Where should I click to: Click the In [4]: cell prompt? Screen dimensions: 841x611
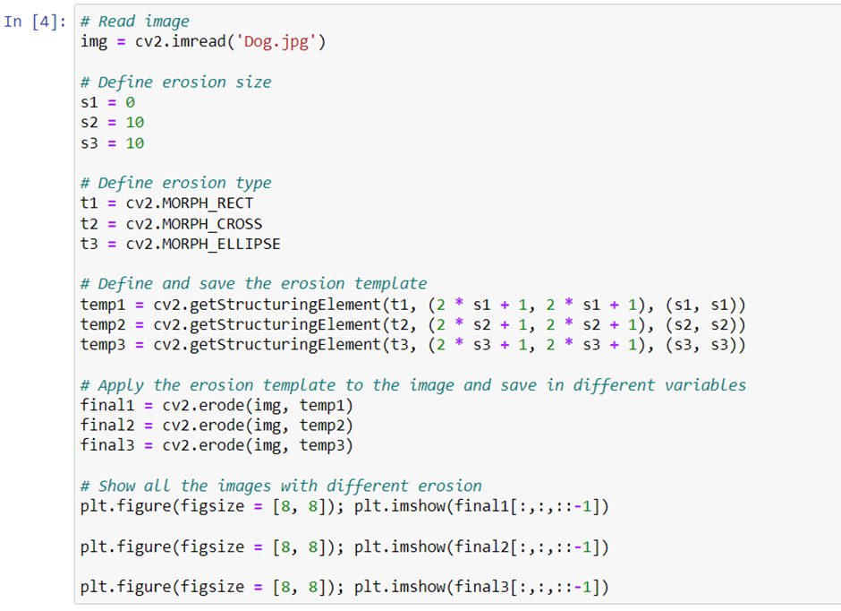[x=35, y=22]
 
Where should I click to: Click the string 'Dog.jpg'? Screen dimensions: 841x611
[x=276, y=41]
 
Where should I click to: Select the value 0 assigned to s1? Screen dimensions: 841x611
[x=130, y=102]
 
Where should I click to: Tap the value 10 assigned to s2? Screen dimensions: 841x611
[x=134, y=123]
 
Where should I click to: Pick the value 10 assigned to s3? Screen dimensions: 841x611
[x=134, y=142]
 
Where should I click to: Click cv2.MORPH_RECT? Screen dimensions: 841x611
[x=190, y=203]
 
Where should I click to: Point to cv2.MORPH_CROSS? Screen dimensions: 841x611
[x=194, y=223]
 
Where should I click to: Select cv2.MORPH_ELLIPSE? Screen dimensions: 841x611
[x=203, y=244]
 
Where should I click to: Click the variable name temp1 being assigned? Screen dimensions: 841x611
[x=103, y=305]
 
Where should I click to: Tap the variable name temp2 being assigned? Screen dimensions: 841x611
[x=103, y=324]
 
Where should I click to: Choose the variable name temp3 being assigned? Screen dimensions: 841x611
[x=103, y=344]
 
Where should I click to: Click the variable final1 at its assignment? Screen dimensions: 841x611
[x=107, y=405]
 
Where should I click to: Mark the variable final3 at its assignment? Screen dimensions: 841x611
[x=107, y=445]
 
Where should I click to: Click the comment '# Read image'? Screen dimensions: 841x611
[x=134, y=22]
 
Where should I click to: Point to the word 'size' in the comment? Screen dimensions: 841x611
[x=253, y=82]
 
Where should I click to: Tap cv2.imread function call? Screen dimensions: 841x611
[x=180, y=41]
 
